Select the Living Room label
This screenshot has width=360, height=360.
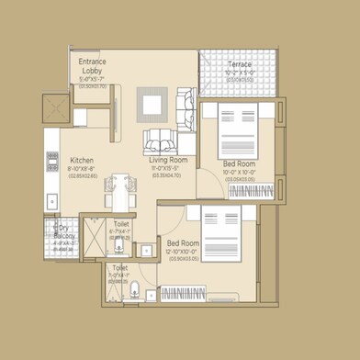(x=168, y=159)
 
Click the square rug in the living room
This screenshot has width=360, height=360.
(x=152, y=104)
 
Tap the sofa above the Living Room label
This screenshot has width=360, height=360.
(x=163, y=141)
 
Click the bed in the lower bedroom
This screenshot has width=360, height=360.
(x=223, y=233)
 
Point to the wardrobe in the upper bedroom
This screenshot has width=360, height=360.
(x=253, y=193)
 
